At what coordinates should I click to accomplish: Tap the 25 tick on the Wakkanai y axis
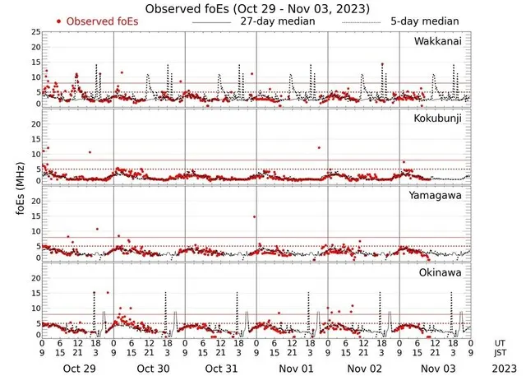[x=35, y=31]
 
